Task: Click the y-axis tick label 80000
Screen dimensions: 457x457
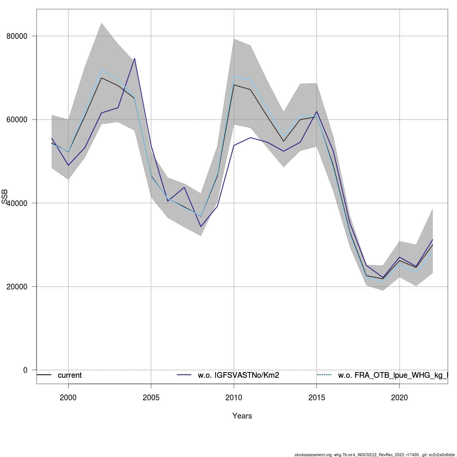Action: pyautogui.click(x=17, y=36)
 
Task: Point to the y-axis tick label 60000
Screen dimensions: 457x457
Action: pyautogui.click(x=17, y=120)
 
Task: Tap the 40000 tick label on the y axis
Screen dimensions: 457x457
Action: pyautogui.click(x=17, y=203)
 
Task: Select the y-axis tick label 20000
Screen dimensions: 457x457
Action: pyautogui.click(x=17, y=286)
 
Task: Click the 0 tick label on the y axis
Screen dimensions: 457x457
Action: pyautogui.click(x=25, y=370)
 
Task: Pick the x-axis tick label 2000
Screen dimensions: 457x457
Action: pyautogui.click(x=68, y=398)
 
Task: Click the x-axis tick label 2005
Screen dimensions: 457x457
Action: pyautogui.click(x=151, y=398)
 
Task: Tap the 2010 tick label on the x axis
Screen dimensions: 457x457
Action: pyautogui.click(x=234, y=398)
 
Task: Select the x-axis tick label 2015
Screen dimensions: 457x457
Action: pyautogui.click(x=316, y=398)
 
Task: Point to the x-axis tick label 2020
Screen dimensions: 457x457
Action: pyautogui.click(x=399, y=398)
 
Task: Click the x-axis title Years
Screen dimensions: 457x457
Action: pyautogui.click(x=242, y=416)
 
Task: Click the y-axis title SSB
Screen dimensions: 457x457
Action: pyautogui.click(x=5, y=197)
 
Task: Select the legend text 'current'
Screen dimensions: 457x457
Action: pyautogui.click(x=70, y=376)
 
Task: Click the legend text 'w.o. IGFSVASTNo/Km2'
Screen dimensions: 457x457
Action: pyautogui.click(x=238, y=376)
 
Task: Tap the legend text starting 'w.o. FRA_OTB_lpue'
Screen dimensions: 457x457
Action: pyautogui.click(x=392, y=376)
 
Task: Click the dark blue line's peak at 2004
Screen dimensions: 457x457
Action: pyautogui.click(x=135, y=59)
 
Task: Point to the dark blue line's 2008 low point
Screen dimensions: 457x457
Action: pyautogui.click(x=201, y=227)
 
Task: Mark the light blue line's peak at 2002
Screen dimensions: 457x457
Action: pyautogui.click(x=102, y=70)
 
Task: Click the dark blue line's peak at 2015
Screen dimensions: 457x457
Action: pyautogui.click(x=316, y=111)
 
